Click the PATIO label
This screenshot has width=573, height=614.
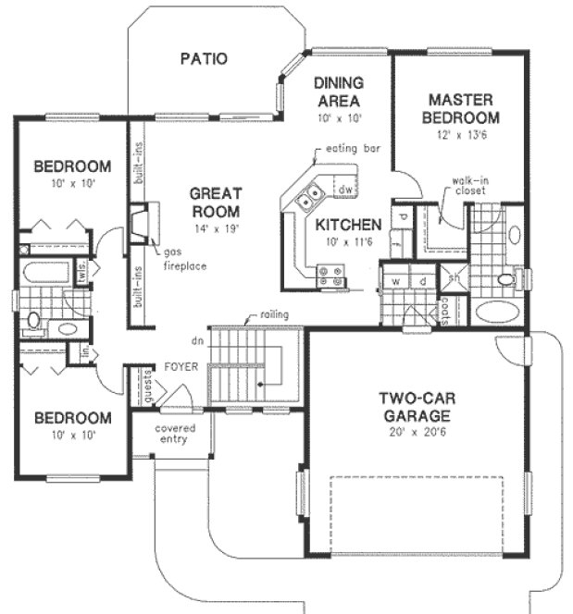(203, 59)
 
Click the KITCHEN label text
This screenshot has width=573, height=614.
(348, 225)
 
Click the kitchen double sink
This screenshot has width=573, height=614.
(308, 195)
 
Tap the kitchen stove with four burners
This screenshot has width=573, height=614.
(330, 273)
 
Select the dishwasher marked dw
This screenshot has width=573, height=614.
(344, 190)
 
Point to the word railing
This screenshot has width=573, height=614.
(274, 315)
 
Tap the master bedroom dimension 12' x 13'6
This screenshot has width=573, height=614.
(464, 136)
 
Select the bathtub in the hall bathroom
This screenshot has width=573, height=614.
(46, 274)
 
